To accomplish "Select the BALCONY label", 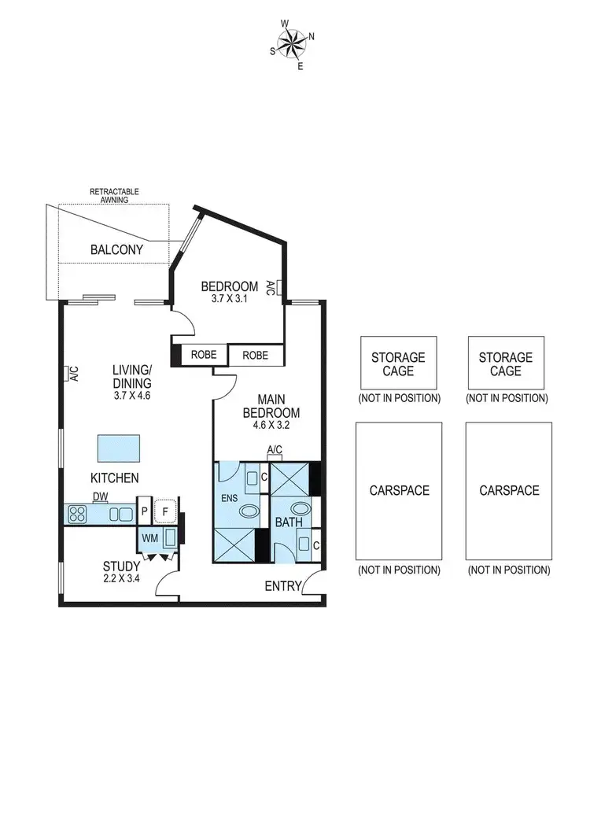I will (116, 249).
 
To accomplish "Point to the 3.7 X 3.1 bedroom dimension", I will (229, 299).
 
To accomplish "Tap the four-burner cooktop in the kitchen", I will (79, 515).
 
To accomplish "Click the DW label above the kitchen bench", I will (100, 496).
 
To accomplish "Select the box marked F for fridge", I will (165, 511).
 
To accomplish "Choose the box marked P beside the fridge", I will (145, 512).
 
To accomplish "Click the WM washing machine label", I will (149, 539).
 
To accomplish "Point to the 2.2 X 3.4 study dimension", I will (122, 579).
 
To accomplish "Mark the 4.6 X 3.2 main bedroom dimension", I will (271, 426).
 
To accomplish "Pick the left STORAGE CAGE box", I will (398, 363).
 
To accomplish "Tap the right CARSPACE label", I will (508, 490).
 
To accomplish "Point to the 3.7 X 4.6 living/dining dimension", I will (131, 396).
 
